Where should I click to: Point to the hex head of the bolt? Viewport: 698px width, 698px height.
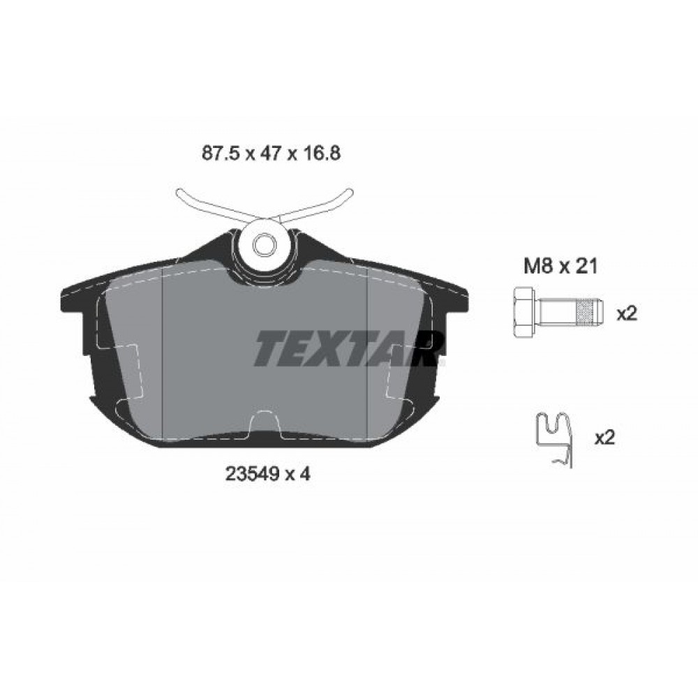[522, 313]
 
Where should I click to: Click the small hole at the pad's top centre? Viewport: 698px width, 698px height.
[264, 244]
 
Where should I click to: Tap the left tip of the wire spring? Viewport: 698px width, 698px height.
[179, 195]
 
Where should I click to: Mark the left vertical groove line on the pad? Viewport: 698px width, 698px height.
[162, 356]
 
